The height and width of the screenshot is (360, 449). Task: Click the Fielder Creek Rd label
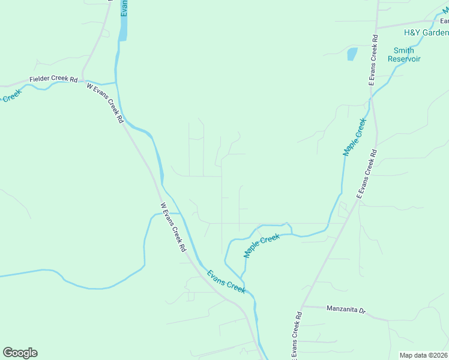(54, 79)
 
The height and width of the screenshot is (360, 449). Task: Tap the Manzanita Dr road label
(346, 310)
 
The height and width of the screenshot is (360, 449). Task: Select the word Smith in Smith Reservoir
(403, 50)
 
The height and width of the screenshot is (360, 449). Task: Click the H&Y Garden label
(426, 32)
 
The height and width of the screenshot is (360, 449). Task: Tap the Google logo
(20, 353)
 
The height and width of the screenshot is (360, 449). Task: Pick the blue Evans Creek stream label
(226, 282)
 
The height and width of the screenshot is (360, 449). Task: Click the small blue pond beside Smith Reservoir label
(352, 54)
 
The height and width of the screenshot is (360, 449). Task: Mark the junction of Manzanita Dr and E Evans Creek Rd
(302, 306)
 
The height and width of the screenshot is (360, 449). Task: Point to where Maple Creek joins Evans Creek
(241, 278)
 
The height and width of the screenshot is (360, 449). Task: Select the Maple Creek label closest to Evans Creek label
(262, 246)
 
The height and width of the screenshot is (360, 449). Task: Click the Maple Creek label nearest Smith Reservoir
(355, 137)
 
